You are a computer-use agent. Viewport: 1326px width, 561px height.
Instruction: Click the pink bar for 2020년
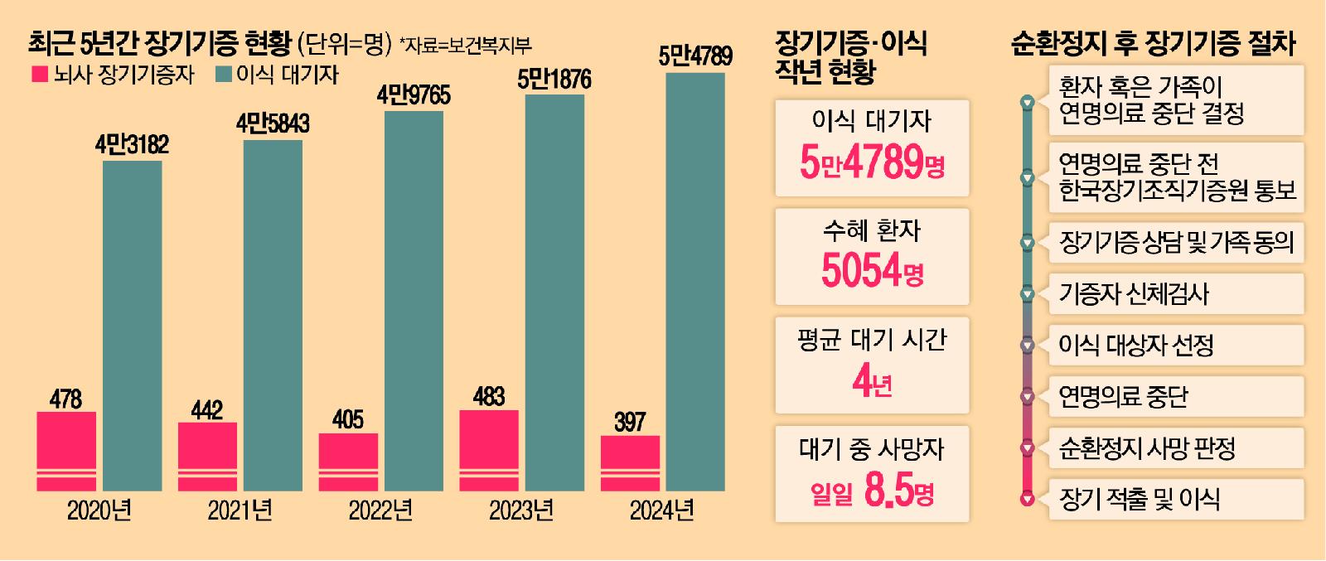[66, 451]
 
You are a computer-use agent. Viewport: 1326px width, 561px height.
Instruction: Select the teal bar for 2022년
[414, 300]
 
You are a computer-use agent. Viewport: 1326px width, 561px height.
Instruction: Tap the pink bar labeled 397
[630, 462]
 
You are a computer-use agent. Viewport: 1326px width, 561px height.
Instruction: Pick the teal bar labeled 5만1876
[555, 292]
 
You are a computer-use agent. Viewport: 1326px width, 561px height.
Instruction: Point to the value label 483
[488, 396]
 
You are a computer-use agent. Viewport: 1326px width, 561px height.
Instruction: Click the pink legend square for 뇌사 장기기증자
[39, 75]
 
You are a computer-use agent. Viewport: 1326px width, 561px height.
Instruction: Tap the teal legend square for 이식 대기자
[223, 75]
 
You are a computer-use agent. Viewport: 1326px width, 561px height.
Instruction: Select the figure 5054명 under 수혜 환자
[872, 269]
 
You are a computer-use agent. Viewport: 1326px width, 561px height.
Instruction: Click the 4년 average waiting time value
[872, 383]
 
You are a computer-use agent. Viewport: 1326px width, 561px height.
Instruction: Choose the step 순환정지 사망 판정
[1147, 449]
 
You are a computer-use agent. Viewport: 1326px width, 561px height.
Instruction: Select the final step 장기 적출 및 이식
[1139, 499]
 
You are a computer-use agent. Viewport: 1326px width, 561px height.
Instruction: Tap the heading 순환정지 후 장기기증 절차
[1154, 43]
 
